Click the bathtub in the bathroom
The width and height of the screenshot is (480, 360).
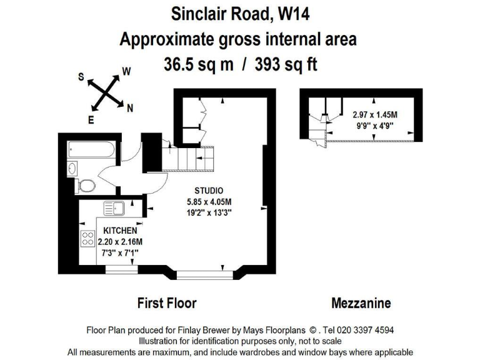(x=92, y=149)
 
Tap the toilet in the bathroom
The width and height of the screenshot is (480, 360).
(x=85, y=186)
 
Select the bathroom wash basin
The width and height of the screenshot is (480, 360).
(x=72, y=168)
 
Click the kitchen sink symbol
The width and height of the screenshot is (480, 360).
(x=114, y=208)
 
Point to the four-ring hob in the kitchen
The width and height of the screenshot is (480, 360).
(x=87, y=239)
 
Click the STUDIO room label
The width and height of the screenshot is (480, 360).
(x=209, y=191)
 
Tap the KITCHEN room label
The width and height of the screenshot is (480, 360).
(x=120, y=231)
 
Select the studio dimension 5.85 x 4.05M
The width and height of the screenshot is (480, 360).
(x=209, y=202)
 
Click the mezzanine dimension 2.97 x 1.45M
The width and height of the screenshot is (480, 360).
(x=375, y=115)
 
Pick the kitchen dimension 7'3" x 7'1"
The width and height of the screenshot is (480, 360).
(x=120, y=253)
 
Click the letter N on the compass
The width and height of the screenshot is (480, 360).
(x=130, y=108)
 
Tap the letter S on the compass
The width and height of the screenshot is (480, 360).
(x=81, y=76)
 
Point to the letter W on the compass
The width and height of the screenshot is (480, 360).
(x=126, y=71)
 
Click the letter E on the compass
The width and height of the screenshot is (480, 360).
(x=91, y=120)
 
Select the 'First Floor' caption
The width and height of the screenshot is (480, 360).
(x=167, y=303)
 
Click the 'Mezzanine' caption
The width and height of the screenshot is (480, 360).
(x=361, y=303)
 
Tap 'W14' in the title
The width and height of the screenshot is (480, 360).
(x=293, y=14)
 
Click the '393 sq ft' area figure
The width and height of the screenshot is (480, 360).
(x=286, y=65)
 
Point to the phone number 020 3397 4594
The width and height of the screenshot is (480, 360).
(x=365, y=330)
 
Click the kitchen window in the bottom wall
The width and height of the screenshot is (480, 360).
(x=121, y=269)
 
